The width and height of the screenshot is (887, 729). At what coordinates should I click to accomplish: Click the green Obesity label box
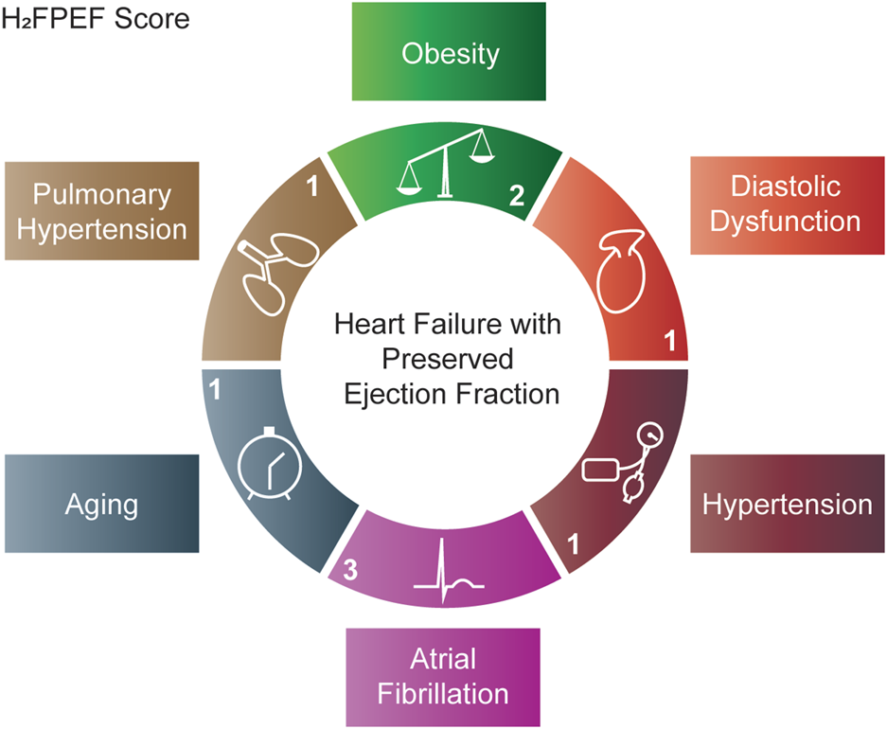[x=449, y=52]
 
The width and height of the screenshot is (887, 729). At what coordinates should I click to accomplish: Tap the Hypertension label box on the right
[x=787, y=504]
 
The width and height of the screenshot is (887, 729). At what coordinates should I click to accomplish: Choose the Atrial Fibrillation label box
[x=443, y=676]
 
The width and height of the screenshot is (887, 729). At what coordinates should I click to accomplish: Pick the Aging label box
[x=101, y=504]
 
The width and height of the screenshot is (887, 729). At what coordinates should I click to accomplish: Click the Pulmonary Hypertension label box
[x=101, y=211]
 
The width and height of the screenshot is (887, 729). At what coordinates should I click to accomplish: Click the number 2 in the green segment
[x=516, y=196]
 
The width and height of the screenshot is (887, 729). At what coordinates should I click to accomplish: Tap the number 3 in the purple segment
[x=351, y=571]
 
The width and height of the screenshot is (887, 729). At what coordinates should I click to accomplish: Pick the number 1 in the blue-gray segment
[x=217, y=388]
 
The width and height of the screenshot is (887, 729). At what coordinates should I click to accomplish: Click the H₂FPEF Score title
[x=96, y=19]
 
